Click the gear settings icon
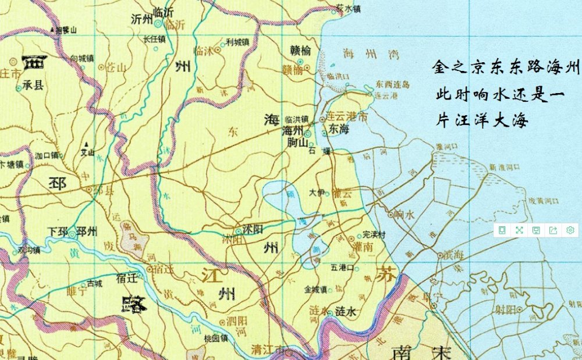pyautogui.click(x=570, y=230)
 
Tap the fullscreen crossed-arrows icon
pyautogui.click(x=519, y=230)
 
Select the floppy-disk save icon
pyautogui.click(x=536, y=230)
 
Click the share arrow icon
pyautogui.click(x=553, y=230)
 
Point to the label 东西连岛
pyautogui.click(x=393, y=84)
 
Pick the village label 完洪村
pyautogui.click(x=375, y=234)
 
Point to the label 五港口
pyautogui.click(x=342, y=268)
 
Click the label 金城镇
pyautogui.click(x=315, y=289)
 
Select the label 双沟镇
pyautogui.click(x=29, y=251)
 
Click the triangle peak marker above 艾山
pyautogui.click(x=86, y=144)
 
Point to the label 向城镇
pyautogui.click(x=81, y=58)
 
